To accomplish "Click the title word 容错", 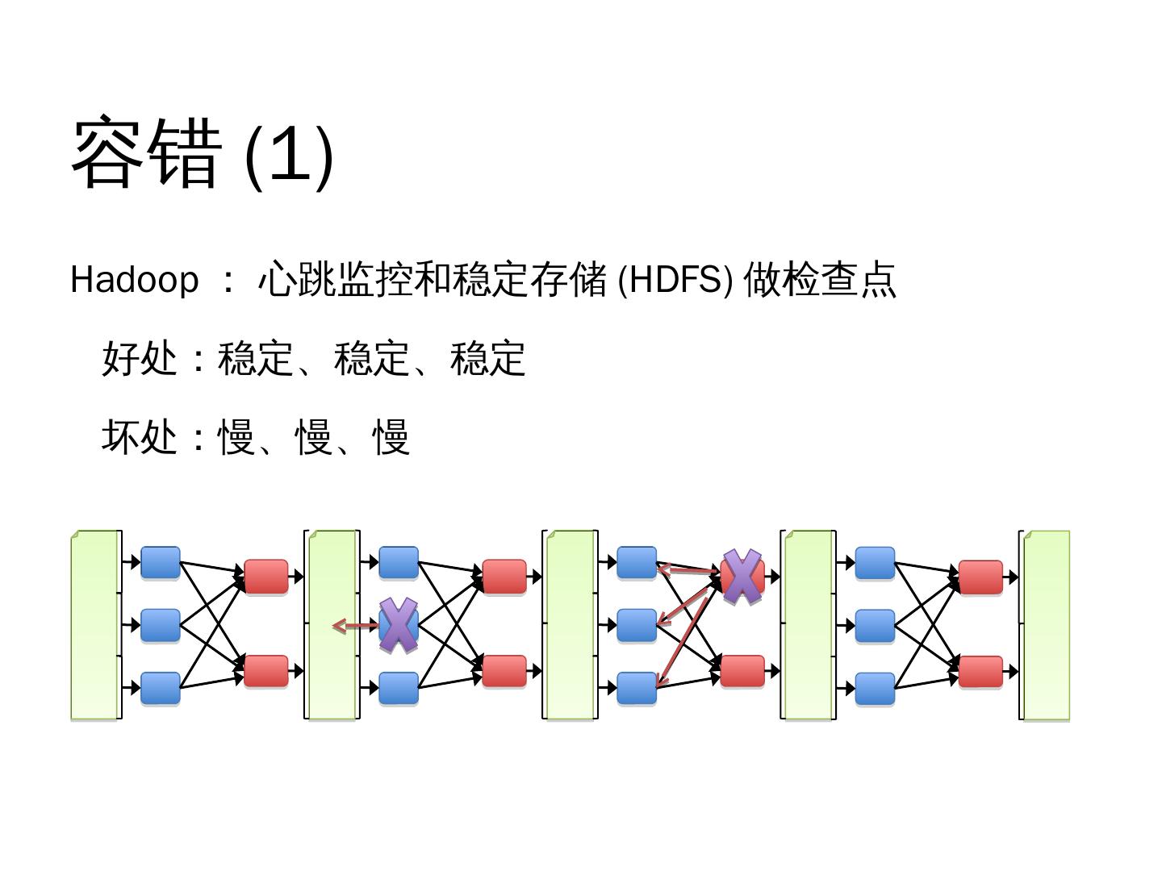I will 146,153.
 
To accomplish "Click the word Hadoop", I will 134,280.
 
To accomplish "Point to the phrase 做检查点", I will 819,280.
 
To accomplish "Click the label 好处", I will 140,358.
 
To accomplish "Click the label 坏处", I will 140,437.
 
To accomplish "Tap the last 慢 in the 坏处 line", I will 391,437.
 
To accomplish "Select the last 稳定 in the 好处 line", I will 488,358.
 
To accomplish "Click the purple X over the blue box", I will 399,625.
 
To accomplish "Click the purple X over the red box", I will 742,577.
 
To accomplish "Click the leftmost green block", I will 94,624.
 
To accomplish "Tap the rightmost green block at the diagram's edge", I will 1047,624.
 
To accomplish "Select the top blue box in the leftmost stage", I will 161,562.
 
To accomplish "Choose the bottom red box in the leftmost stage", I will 265,671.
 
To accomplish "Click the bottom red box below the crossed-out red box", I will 742,671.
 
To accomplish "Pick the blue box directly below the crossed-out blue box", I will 399,688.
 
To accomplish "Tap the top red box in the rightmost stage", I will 980,577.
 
